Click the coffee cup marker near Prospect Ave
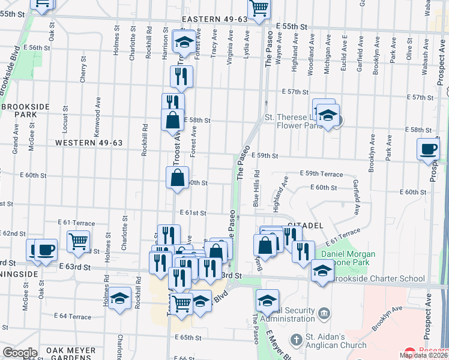point(429,149)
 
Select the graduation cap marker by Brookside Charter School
point(322,271)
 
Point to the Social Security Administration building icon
point(324,313)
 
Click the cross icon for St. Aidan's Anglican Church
point(296,340)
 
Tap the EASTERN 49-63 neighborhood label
point(214,19)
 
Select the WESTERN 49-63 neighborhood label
point(88,143)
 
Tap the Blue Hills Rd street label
point(256,188)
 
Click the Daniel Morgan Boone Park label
point(348,259)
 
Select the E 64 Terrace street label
point(72,316)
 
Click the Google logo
point(20,353)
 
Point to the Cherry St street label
point(83,71)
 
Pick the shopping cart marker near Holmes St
point(78,241)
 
